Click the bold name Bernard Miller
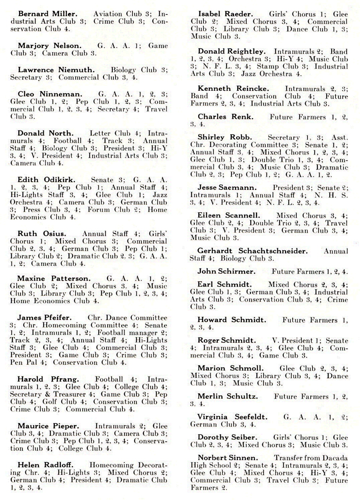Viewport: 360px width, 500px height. click(x=48, y=14)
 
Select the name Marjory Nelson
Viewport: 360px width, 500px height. click(x=50, y=46)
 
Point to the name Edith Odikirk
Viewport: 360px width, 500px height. click(x=47, y=180)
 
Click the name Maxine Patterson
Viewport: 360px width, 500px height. click(x=54, y=278)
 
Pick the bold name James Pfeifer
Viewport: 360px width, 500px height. click(x=44, y=318)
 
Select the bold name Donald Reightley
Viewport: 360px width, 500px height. click(x=231, y=52)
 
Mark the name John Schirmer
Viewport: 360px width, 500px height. click(x=226, y=272)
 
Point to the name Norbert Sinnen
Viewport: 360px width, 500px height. click(x=228, y=458)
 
